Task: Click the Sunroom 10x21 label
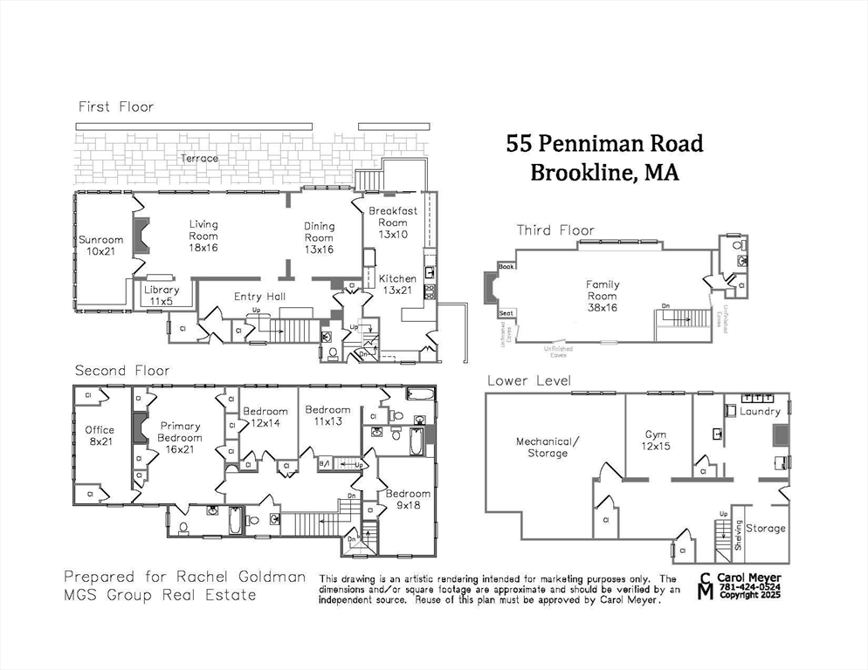101,246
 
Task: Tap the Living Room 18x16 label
203,236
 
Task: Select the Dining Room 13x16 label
319,237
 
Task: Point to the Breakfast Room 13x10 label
393,222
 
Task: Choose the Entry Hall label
259,297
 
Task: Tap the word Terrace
199,159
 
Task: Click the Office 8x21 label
100,435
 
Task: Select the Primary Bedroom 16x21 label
180,438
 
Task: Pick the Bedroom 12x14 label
265,417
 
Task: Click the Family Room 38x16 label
602,291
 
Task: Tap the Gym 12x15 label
656,441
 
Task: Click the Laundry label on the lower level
760,411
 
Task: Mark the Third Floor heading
555,230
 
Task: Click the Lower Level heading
529,380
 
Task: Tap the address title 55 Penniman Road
604,143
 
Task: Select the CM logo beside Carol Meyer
705,586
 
